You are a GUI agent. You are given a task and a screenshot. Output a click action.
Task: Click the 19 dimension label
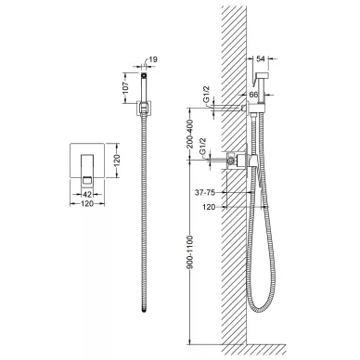coord(153,59)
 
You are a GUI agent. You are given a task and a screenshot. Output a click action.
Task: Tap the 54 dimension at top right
coord(262,58)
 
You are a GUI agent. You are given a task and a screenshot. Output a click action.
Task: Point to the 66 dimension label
coord(253,95)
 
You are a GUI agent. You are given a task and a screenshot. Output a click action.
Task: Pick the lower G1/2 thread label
coord(203,147)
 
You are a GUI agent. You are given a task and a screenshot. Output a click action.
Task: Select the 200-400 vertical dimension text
coord(190,134)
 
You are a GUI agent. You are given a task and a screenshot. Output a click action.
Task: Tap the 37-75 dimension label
coord(205,192)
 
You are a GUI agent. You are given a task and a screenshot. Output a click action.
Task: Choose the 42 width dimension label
coord(87,194)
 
